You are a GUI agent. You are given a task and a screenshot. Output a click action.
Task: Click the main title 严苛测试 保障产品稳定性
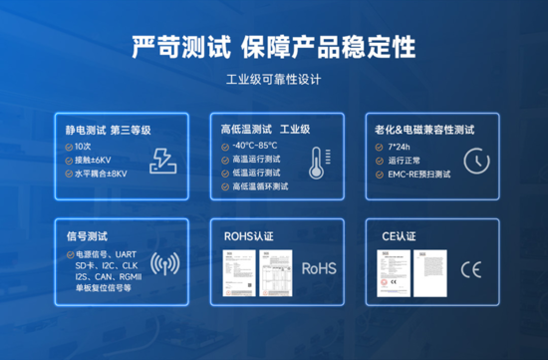(x=274, y=46)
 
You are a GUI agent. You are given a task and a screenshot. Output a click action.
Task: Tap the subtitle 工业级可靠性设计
(x=274, y=80)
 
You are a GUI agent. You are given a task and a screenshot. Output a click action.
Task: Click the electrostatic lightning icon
(x=163, y=161)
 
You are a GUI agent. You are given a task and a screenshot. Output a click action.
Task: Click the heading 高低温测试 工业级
(x=266, y=130)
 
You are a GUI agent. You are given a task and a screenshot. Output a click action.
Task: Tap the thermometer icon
(x=316, y=163)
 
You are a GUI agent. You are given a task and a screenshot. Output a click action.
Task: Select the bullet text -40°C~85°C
(x=255, y=146)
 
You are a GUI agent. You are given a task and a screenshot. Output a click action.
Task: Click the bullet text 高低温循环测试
(x=261, y=185)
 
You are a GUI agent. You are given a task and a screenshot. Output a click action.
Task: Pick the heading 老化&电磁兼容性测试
(x=423, y=130)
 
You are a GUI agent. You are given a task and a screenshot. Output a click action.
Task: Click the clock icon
(x=476, y=161)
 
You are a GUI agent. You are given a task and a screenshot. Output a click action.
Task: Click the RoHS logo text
(x=319, y=268)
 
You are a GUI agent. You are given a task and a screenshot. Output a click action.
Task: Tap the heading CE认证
(x=396, y=236)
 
